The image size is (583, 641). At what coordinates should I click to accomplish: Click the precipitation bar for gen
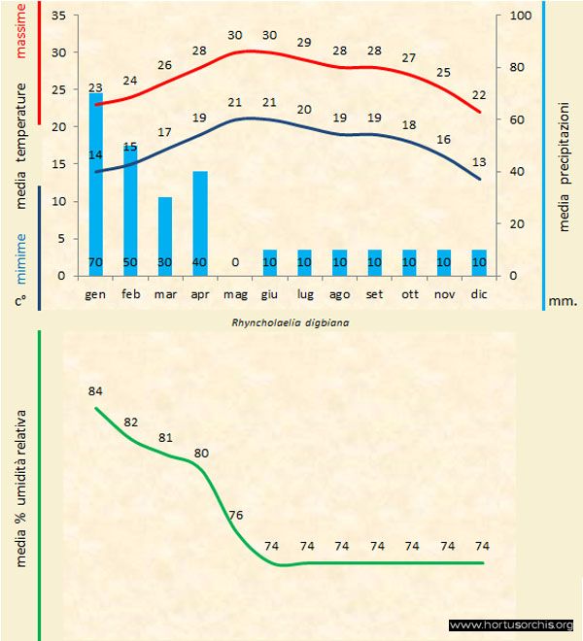[x=96, y=185]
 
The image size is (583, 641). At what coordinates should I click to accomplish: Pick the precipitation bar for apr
[x=200, y=223]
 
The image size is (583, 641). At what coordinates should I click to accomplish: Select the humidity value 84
[x=95, y=391]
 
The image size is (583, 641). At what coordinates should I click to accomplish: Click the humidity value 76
[x=236, y=515]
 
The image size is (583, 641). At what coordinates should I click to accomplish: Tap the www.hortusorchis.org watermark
[x=512, y=624]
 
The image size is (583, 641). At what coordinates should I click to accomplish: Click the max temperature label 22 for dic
[x=478, y=95]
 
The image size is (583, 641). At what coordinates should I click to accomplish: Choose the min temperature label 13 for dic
[x=478, y=161]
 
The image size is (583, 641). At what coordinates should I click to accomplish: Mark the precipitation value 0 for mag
[x=235, y=262]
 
